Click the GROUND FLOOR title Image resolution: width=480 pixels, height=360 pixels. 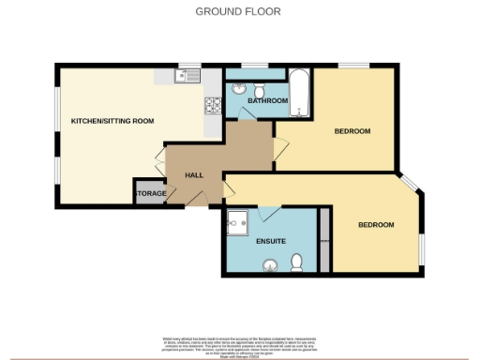[x=237, y=11]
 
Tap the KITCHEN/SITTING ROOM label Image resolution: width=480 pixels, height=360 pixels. [x=112, y=121]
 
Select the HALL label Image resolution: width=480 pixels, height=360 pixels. [x=194, y=175]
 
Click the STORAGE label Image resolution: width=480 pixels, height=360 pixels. [x=151, y=194]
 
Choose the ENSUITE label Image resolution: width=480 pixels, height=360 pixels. [x=271, y=241]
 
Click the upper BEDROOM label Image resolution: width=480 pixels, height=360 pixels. [x=352, y=131]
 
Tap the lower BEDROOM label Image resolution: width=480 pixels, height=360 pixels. [x=376, y=225]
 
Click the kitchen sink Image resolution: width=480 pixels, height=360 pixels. [x=187, y=74]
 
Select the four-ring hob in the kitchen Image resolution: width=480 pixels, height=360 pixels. [x=212, y=106]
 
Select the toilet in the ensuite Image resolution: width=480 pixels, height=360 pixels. [x=297, y=261]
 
